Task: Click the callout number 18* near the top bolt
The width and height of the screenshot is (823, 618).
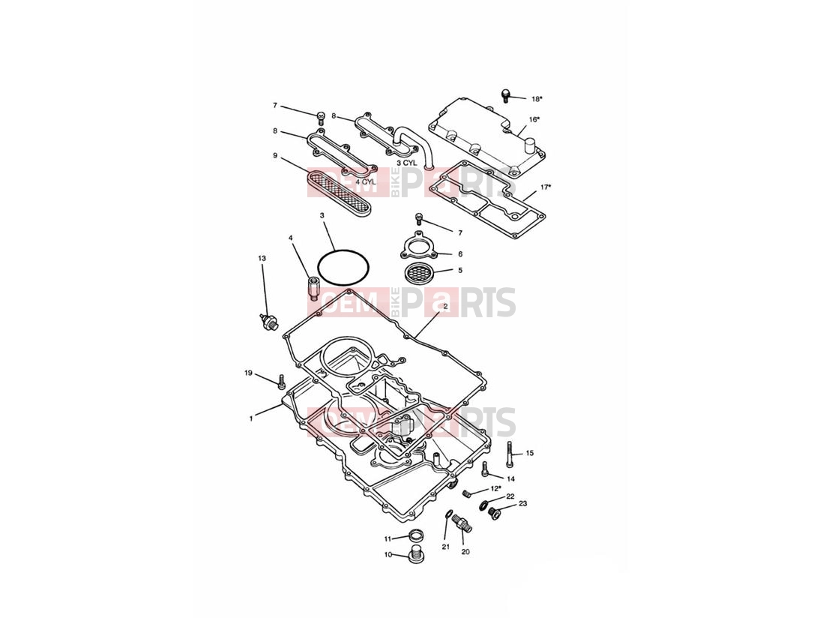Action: click(x=536, y=99)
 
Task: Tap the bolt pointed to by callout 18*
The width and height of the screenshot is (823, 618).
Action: click(x=506, y=94)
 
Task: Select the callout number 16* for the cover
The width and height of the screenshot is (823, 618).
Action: click(x=534, y=120)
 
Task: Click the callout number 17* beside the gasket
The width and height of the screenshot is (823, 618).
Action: click(x=546, y=187)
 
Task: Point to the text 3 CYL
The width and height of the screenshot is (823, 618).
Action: click(x=406, y=163)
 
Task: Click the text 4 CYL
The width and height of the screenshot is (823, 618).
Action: click(x=365, y=181)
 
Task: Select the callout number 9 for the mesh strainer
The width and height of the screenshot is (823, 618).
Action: click(x=275, y=155)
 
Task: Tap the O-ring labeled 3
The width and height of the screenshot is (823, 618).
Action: click(x=344, y=268)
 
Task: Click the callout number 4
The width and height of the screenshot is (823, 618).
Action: click(x=290, y=238)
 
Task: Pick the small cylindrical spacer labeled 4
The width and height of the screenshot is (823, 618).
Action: click(x=314, y=289)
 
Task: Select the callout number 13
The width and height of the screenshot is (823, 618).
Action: click(x=262, y=258)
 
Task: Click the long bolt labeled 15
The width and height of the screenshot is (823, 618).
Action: click(x=509, y=455)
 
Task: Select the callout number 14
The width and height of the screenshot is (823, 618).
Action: click(x=510, y=478)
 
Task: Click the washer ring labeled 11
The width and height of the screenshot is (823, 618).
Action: click(x=415, y=536)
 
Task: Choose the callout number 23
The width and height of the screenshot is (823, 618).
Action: click(x=522, y=503)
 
